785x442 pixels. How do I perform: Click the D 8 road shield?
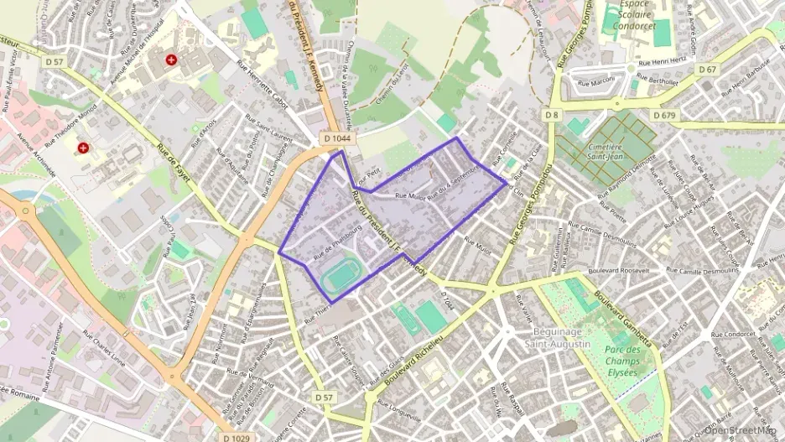(x=551, y=113)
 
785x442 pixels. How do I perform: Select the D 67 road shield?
(x=707, y=70)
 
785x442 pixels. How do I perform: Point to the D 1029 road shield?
(x=238, y=436)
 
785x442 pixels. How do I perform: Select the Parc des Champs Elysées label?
(x=621, y=361)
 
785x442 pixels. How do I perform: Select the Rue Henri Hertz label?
(x=663, y=61)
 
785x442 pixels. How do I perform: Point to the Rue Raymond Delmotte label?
(x=624, y=178)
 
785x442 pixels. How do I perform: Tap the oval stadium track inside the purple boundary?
(x=340, y=274)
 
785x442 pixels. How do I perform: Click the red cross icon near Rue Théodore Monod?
(x=84, y=148)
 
